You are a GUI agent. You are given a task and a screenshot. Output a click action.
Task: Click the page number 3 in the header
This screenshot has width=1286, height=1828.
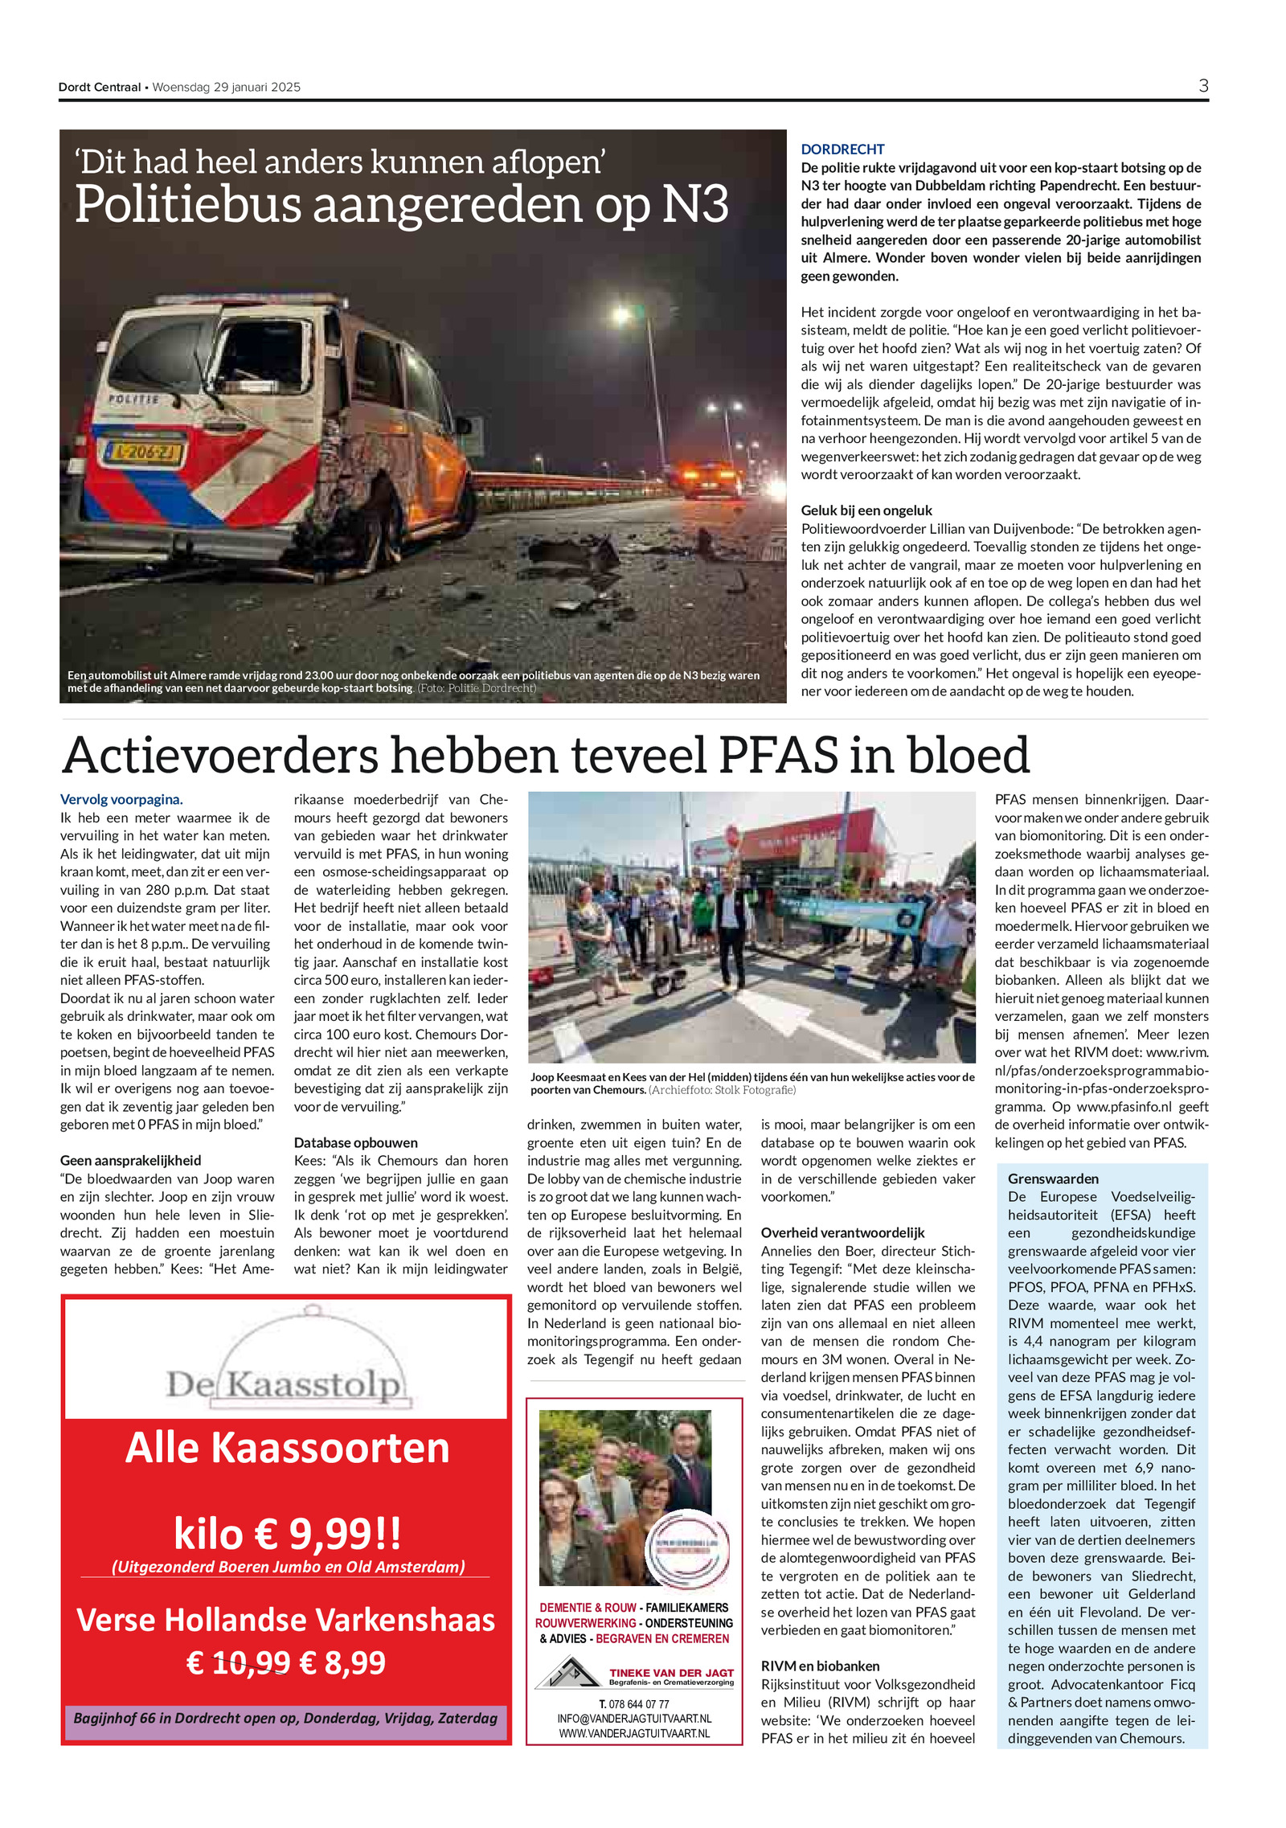pyautogui.click(x=1202, y=86)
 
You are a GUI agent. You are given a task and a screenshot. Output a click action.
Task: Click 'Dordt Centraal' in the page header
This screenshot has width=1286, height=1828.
pyautogui.click(x=99, y=88)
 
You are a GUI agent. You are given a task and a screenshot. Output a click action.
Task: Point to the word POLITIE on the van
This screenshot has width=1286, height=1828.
pyautogui.click(x=133, y=399)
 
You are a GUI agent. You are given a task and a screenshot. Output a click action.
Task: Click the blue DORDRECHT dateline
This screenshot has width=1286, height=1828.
pyautogui.click(x=842, y=150)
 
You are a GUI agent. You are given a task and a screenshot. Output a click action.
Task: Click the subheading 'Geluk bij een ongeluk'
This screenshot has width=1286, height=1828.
pyautogui.click(x=866, y=510)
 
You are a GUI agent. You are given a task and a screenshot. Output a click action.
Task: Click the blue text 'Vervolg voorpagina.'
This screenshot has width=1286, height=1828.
pyautogui.click(x=121, y=799)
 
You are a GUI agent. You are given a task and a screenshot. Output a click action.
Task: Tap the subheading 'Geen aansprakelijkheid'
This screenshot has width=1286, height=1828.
pyautogui.click(x=130, y=1160)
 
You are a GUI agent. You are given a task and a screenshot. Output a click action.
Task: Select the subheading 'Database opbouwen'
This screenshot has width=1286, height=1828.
pyautogui.click(x=355, y=1142)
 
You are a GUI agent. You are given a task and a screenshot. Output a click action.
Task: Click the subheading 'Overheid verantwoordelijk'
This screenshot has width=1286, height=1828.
pyautogui.click(x=842, y=1232)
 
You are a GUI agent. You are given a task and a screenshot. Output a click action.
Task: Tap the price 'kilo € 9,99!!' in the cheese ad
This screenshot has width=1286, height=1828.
pyautogui.click(x=287, y=1533)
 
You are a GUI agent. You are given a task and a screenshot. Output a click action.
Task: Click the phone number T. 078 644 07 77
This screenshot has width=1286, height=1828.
pyautogui.click(x=633, y=1703)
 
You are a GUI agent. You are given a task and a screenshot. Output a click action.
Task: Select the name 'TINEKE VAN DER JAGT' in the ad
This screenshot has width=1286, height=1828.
pyautogui.click(x=670, y=1672)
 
